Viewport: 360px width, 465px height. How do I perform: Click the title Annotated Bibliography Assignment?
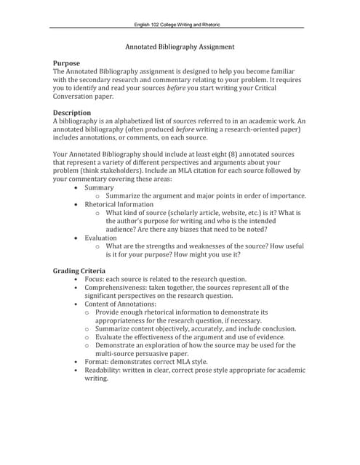coord(180,46)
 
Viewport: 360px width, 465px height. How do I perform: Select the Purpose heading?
coord(67,63)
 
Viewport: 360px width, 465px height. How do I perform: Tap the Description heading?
coord(72,113)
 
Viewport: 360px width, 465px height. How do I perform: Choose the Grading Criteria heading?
coord(79,270)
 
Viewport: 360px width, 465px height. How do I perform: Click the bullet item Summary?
coord(100,187)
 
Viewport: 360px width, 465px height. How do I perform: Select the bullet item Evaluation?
coord(100,238)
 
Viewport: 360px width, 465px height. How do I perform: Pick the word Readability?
coord(103,370)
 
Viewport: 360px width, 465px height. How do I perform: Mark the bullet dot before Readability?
coord(76,370)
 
